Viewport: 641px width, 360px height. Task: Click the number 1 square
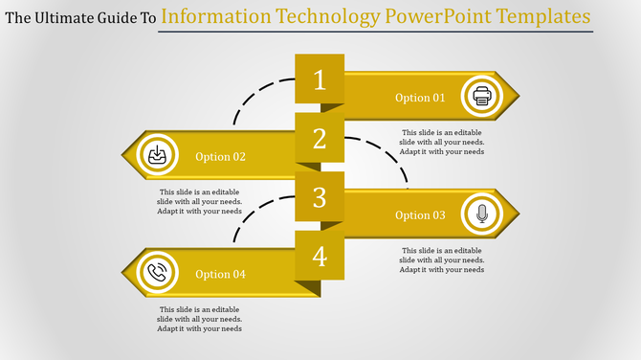point(320,79)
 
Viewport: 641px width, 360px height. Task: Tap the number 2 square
point(320,139)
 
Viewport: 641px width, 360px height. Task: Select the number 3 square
point(320,198)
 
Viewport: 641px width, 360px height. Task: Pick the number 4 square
point(320,257)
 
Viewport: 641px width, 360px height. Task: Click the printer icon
point(481,97)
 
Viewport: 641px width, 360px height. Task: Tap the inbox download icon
point(157,156)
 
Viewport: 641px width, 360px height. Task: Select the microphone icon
point(481,214)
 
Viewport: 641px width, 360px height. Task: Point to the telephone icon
point(157,274)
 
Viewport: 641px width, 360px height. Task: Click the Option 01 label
point(420,98)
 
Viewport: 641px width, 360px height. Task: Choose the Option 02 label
point(220,157)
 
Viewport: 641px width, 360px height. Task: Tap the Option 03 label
point(420,215)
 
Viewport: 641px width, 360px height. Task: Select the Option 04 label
point(220,275)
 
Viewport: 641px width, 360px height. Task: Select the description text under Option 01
point(442,142)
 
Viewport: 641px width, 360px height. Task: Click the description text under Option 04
point(200,319)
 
